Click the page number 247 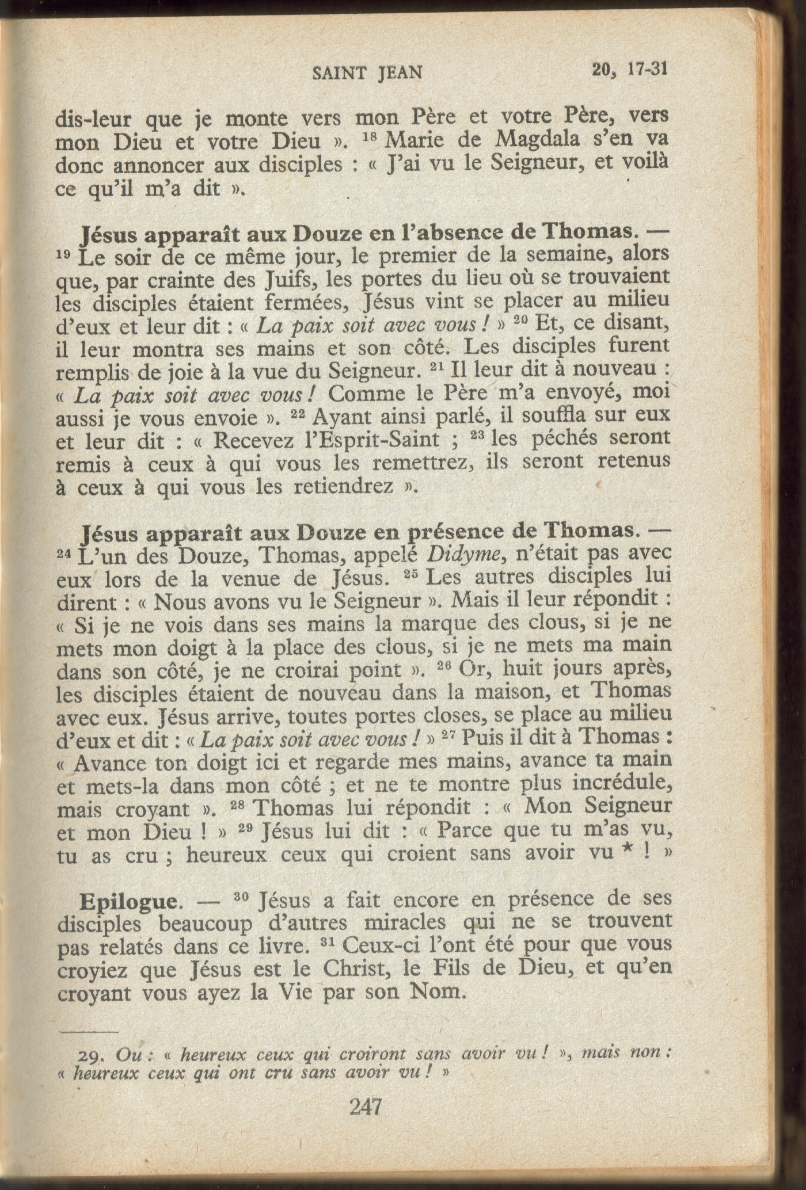pos(366,1105)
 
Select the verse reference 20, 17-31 pos(629,69)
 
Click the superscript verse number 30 pos(242,897)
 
